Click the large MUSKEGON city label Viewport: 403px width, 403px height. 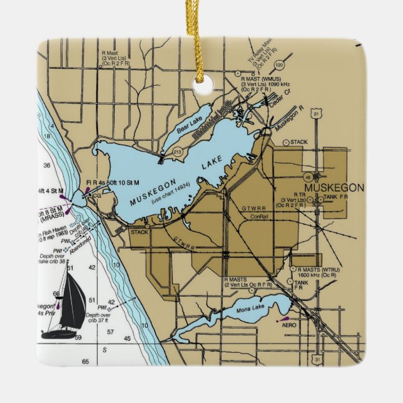[x=334, y=188]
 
